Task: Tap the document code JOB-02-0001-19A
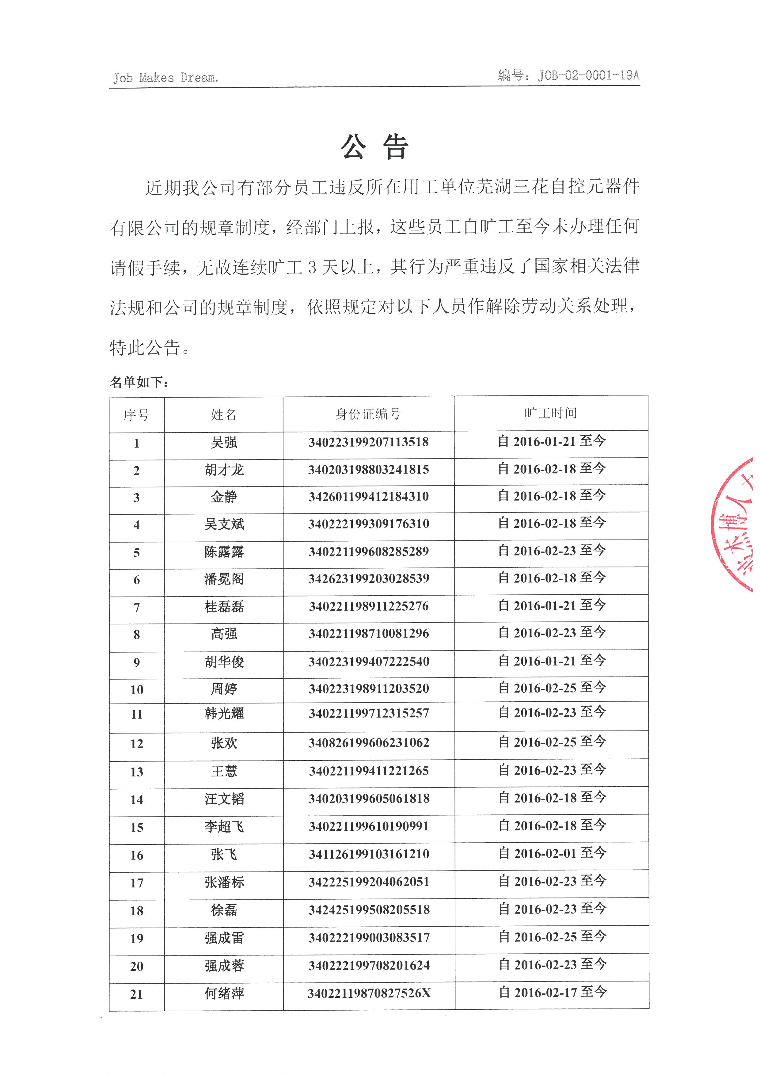coord(568,75)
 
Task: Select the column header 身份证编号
coord(368,414)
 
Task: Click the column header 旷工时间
coord(550,413)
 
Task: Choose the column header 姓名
coord(224,414)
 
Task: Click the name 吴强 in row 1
coord(224,442)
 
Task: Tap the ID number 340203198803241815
coord(368,470)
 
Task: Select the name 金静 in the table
coord(224,497)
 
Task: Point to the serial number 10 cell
coord(137,690)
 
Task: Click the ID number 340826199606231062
coord(368,743)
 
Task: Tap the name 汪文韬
coord(224,799)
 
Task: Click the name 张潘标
coord(224,882)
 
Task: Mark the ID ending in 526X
coord(369,993)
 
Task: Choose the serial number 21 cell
coord(137,994)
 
